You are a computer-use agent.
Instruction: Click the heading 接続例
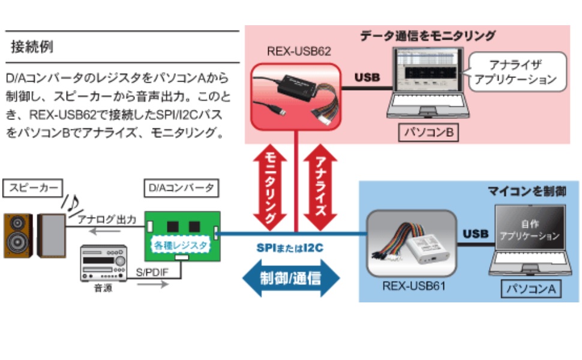(x=32, y=47)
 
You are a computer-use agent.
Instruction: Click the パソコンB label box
(x=428, y=132)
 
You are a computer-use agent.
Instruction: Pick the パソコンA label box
(x=531, y=289)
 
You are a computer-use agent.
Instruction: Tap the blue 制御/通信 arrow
(x=290, y=278)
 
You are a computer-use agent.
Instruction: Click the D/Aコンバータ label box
(x=181, y=188)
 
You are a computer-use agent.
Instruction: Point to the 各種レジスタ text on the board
(x=181, y=245)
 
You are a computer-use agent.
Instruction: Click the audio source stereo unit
(x=103, y=263)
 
